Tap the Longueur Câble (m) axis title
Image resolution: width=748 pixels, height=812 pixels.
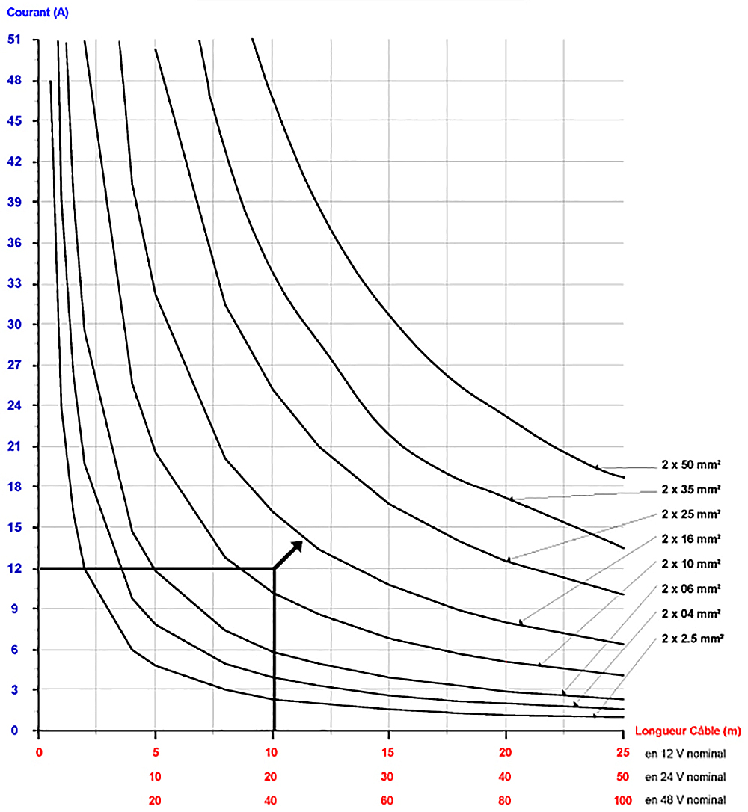click(687, 731)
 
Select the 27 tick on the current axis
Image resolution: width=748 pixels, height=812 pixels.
click(15, 365)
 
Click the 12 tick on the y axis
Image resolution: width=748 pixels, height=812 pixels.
click(15, 568)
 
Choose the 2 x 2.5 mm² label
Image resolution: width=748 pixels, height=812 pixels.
click(692, 638)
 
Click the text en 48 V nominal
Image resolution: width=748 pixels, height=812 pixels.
click(685, 800)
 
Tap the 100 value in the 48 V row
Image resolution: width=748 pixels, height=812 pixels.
click(622, 800)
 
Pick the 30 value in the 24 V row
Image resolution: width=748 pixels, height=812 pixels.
click(388, 776)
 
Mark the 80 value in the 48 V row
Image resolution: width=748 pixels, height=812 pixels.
click(506, 800)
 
